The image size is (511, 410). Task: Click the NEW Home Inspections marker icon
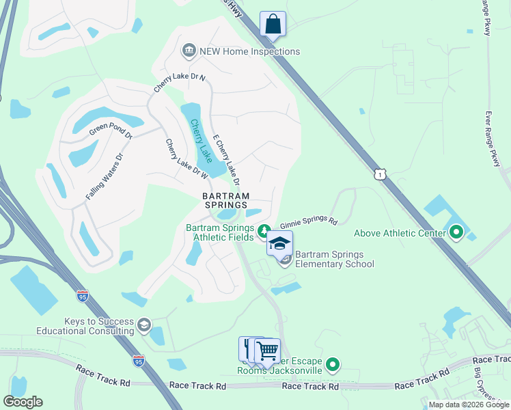[189, 51]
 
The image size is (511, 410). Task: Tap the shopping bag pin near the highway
[273, 24]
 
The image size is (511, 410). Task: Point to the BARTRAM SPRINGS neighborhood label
[225, 200]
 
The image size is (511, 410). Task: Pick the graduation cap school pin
[279, 243]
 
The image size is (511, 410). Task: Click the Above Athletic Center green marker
[456, 234]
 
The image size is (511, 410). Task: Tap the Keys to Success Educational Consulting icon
[143, 324]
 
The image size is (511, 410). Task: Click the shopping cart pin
[267, 351]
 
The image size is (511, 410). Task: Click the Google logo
[23, 402]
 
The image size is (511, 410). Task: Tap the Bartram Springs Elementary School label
[335, 259]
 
